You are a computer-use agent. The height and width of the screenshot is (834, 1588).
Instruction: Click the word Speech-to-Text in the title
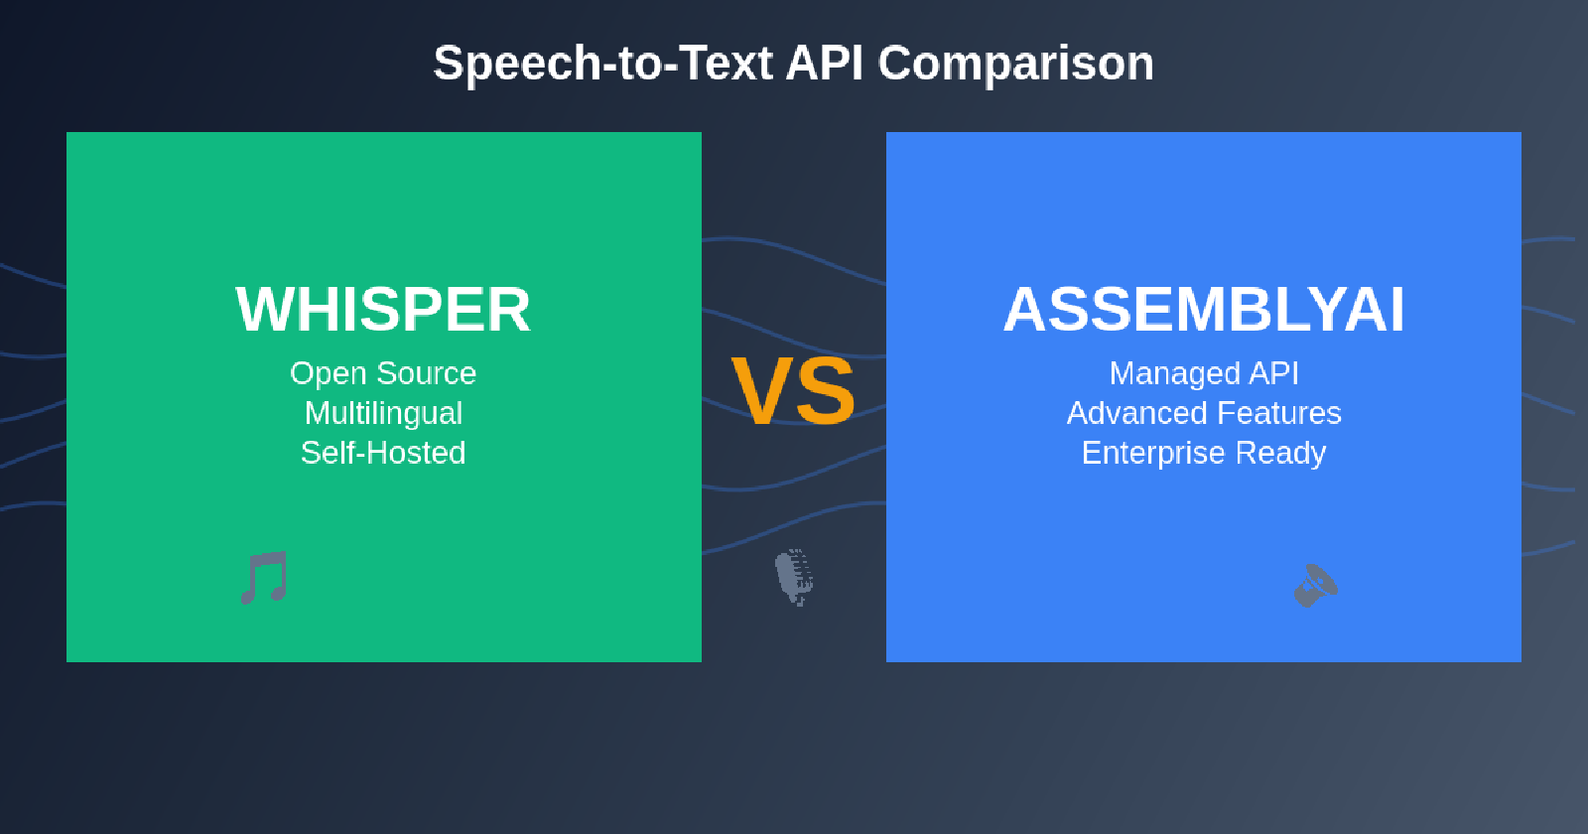(602, 64)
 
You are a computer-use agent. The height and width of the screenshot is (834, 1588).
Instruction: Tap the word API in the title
(825, 64)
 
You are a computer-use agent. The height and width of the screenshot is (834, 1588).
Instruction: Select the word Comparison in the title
(1016, 64)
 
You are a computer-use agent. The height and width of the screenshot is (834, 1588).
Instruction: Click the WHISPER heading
(383, 309)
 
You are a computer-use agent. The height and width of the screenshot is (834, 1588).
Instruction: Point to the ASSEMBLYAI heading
(1204, 309)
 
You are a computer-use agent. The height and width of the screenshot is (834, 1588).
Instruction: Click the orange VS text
(793, 391)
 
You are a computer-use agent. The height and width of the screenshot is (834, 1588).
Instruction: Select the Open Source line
(383, 373)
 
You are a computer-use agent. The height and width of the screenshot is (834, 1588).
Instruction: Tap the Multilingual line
(383, 414)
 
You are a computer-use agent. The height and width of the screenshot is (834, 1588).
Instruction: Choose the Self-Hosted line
(383, 453)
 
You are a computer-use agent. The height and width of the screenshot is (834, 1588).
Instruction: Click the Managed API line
(1204, 373)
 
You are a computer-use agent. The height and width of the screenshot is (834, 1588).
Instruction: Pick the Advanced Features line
(1204, 413)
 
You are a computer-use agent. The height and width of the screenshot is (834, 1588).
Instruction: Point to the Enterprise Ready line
(1204, 454)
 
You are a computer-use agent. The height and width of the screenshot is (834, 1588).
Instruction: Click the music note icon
(264, 577)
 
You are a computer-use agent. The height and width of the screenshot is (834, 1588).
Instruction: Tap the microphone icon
(795, 577)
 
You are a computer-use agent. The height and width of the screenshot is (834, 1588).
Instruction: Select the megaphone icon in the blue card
(1316, 586)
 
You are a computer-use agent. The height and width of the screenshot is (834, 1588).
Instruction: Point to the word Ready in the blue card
(1280, 454)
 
